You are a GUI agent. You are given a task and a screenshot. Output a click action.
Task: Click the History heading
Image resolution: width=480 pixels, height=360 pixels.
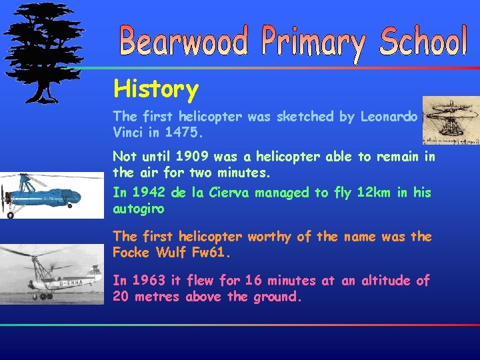point(156,89)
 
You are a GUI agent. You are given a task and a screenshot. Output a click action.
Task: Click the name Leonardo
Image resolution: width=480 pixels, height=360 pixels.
point(389,117)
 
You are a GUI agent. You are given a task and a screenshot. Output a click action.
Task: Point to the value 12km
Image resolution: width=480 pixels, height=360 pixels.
point(358,193)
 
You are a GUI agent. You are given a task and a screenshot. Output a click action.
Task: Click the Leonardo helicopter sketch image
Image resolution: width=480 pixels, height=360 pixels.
point(451,120)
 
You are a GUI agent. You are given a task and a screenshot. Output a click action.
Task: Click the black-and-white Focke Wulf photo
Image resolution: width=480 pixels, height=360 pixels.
point(52,274)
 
